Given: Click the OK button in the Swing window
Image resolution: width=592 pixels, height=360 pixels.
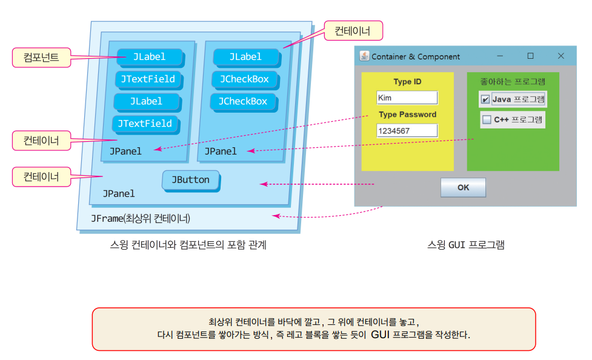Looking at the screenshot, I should [463, 187].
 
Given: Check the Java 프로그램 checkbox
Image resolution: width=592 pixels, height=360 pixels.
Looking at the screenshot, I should [485, 99].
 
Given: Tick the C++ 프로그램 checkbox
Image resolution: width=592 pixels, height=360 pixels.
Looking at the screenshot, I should [487, 120].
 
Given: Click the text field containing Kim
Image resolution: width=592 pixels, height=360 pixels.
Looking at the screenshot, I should [407, 98].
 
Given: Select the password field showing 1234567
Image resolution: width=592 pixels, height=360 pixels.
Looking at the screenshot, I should [407, 130].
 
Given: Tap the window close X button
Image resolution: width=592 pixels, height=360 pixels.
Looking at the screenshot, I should [560, 56].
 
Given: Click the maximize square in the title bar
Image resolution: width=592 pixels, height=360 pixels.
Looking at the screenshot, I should [530, 56].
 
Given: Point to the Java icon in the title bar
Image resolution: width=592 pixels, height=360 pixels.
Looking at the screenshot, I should [364, 56].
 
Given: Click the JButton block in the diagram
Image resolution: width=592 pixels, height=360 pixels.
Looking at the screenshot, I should [190, 180].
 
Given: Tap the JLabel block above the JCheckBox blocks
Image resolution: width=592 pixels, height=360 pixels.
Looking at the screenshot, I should [245, 57].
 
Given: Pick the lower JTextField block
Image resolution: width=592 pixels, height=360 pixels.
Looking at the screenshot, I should [145, 124].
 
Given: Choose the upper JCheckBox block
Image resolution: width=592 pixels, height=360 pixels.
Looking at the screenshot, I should [244, 79].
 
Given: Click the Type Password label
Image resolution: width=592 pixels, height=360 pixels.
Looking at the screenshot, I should [407, 114].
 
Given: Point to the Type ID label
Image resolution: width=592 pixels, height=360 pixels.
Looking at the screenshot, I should [407, 82].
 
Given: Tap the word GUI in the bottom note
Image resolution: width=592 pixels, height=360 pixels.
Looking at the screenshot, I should [380, 334].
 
